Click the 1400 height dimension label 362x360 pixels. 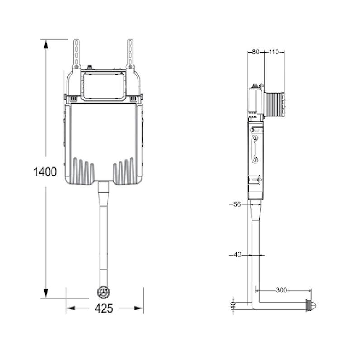click(45, 172)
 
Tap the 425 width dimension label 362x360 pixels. click(104, 308)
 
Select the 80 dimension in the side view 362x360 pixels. click(256, 52)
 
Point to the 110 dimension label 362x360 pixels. click(274, 52)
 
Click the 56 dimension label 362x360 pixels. click(237, 204)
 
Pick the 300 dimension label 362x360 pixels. click(281, 290)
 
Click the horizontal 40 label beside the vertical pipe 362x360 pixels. click(238, 255)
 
